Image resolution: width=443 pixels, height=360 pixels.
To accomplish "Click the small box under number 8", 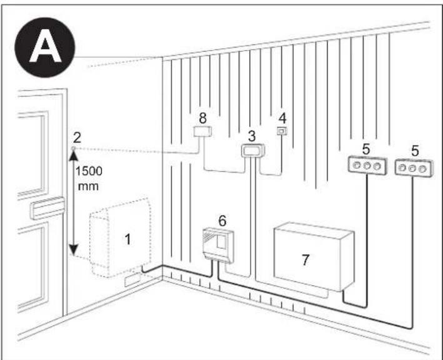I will point(201,131).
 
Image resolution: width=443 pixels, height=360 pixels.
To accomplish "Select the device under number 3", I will point(253,150).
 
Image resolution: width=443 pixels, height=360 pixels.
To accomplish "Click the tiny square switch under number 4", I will point(282,131).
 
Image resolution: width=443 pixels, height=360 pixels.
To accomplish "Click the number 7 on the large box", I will point(305,259).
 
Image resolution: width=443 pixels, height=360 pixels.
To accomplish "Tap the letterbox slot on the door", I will point(48,207).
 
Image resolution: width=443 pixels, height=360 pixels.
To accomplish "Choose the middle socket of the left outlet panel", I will point(364,166).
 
